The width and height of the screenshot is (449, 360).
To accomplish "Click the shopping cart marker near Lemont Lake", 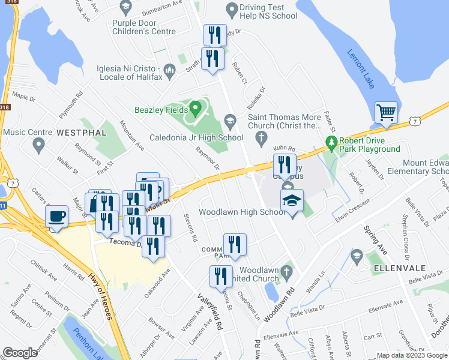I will tap(387, 112).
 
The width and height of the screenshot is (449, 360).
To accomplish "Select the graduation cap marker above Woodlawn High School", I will tap(292, 201).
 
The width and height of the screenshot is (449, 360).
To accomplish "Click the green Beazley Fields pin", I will tap(194, 109).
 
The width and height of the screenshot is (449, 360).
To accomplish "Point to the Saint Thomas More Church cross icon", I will tap(261, 139).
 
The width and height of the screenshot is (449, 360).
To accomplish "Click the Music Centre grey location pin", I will tap(39, 143).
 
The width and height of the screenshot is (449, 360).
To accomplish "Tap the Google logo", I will tap(21, 353).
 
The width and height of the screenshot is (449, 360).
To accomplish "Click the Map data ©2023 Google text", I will tap(411, 355).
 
